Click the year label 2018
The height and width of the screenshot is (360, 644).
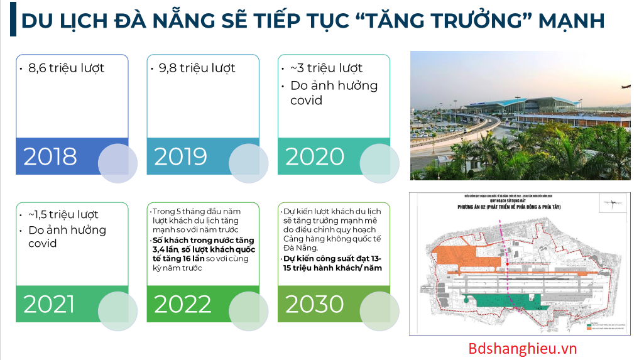pos(50,156)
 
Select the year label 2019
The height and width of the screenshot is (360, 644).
pos(180,156)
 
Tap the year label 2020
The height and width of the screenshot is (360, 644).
pos(315,156)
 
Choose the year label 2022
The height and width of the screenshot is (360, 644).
pos(182,304)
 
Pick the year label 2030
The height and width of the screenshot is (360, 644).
pos(315,304)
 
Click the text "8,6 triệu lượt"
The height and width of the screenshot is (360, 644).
pos(66,68)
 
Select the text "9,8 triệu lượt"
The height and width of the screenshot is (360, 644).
pos(197,68)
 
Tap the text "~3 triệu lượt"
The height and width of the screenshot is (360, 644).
pos(326,68)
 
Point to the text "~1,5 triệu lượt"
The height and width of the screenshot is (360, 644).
pos(63,215)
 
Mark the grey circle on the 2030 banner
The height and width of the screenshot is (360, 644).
pos(379,311)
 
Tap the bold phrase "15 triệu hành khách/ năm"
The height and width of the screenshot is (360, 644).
pos(332,268)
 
